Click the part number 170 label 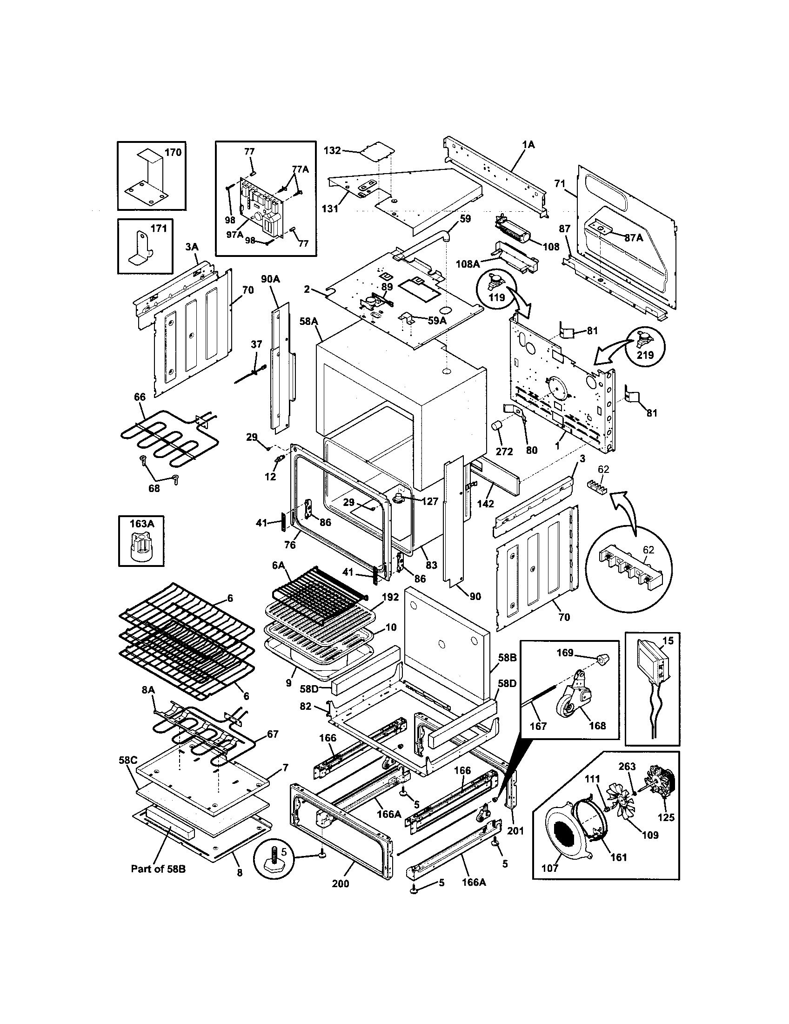pyautogui.click(x=173, y=153)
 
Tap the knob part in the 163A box pyautogui.click(x=140, y=548)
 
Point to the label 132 pyautogui.click(x=332, y=150)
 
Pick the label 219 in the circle pyautogui.click(x=645, y=355)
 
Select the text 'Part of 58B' pyautogui.click(x=158, y=869)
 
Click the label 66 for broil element pyautogui.click(x=140, y=397)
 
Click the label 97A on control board pyautogui.click(x=235, y=235)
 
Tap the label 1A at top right pyautogui.click(x=528, y=145)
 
